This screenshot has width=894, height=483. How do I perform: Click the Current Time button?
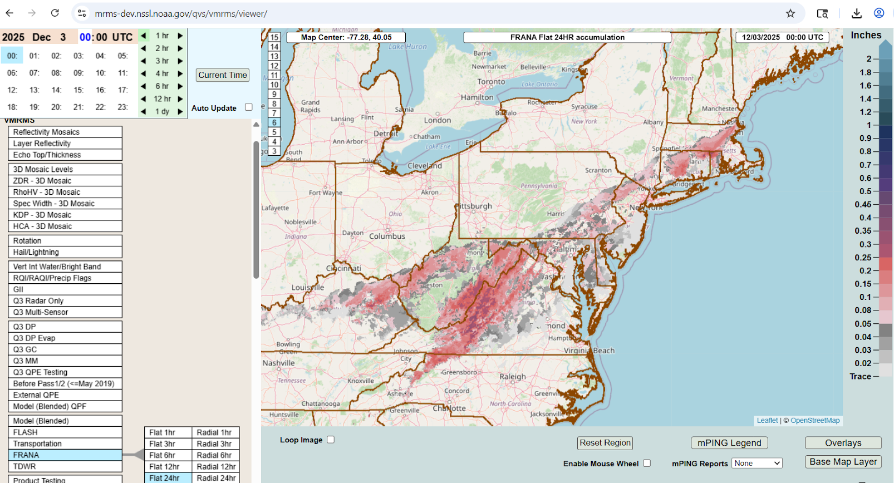coord(223,75)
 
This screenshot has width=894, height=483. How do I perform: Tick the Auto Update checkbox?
coord(249,107)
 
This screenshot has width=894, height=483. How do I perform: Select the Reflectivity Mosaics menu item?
coord(65,132)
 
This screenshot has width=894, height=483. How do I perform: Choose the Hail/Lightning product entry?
coord(65,252)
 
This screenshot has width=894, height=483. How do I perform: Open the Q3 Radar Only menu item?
coord(65,300)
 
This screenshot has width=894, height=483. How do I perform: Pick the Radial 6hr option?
coord(215,455)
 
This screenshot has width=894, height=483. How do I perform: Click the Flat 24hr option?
coord(168,478)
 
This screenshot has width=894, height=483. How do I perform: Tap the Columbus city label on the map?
coord(387,236)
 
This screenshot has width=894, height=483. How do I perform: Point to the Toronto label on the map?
coord(491,82)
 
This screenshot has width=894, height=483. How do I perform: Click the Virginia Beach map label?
coord(589,351)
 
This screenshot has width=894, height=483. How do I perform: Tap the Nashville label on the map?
coord(278,363)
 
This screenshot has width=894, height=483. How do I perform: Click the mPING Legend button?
coord(729,443)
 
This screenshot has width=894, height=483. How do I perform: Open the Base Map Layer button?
coord(843,462)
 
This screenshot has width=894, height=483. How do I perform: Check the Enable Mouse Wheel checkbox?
coord(647,463)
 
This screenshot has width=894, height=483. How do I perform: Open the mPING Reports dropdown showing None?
coord(757,463)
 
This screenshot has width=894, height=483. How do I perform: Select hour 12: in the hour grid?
coord(12,90)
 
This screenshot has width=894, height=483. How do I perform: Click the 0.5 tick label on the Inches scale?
coord(865,191)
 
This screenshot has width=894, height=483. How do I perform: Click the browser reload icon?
coord(55,13)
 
